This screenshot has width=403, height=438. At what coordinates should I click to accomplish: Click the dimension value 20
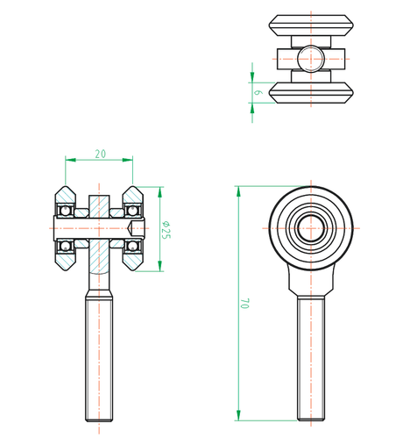click(x=100, y=154)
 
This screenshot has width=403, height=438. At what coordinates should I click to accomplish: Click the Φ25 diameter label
click(x=166, y=230)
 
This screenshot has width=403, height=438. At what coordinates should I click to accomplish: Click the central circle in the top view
click(x=309, y=60)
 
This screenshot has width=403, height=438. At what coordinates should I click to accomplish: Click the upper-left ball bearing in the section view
click(x=64, y=212)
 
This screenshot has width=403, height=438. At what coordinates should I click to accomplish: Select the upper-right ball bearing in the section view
click(x=133, y=212)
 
